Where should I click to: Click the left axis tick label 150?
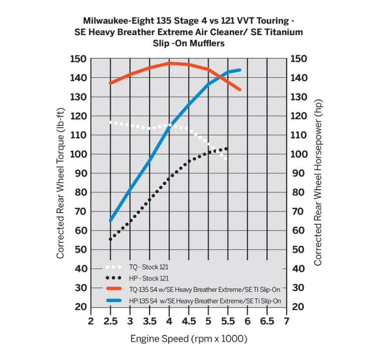78,59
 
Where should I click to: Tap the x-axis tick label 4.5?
188,321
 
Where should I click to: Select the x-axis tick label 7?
287,321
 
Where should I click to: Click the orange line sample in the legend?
115,289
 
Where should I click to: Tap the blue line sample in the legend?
115,301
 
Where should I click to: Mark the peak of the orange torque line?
169,63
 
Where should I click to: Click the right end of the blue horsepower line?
240,70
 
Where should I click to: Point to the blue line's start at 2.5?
110,221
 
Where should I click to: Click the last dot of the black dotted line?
227,148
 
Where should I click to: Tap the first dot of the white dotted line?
110,122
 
